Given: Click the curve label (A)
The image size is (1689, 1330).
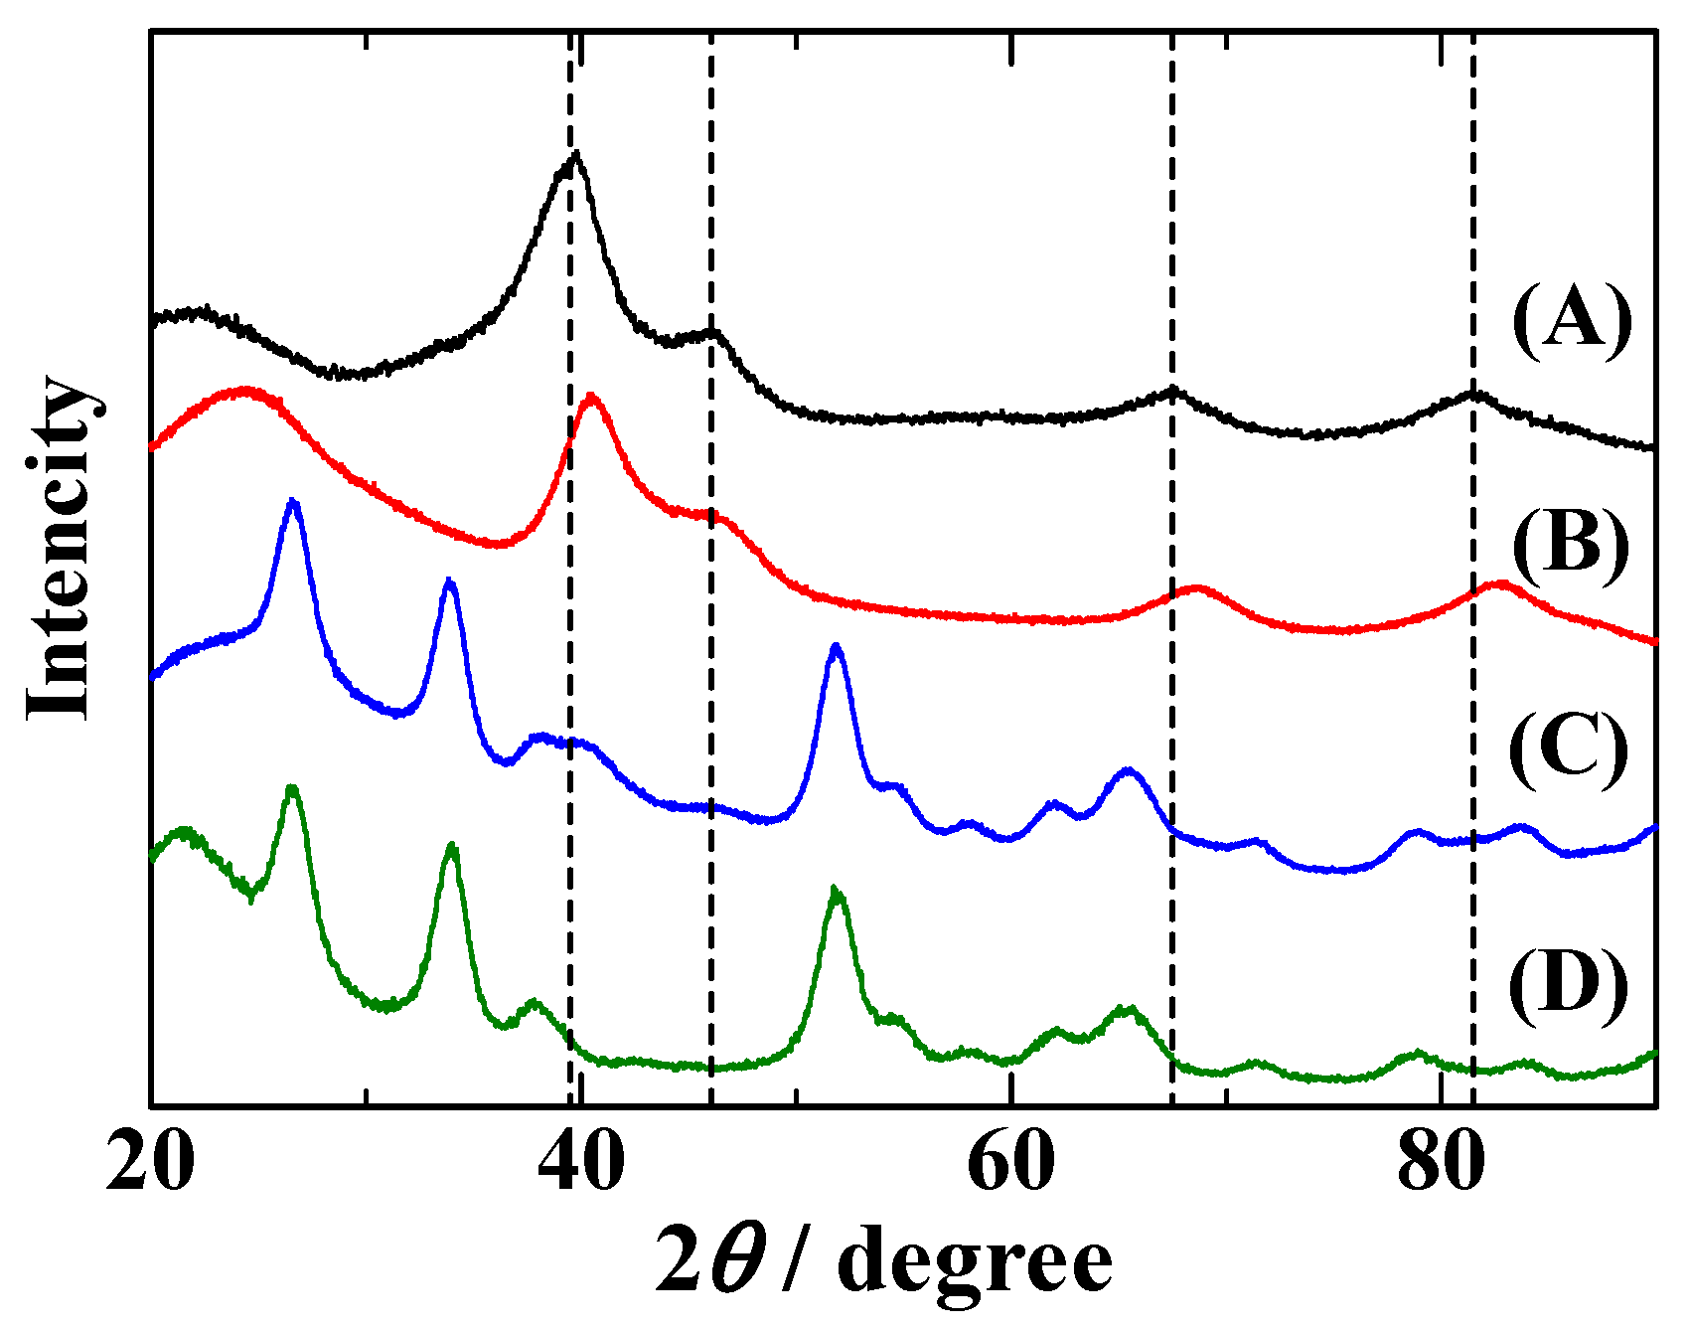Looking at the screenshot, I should pyautogui.click(x=1572, y=320).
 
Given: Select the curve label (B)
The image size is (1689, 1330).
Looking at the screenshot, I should pyautogui.click(x=1572, y=543).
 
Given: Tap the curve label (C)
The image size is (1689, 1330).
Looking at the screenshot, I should pyautogui.click(x=1570, y=750).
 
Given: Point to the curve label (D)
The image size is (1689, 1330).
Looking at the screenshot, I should pyautogui.click(x=1570, y=988).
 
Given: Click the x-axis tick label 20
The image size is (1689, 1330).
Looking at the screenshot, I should pyautogui.click(x=150, y=1161).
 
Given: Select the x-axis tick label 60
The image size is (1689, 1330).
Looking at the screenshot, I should pyautogui.click(x=1010, y=1161).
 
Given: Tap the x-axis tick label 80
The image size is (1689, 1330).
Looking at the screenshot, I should pyautogui.click(x=1441, y=1161).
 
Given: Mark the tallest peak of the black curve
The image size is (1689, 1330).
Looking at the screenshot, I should pyautogui.click(x=575, y=155).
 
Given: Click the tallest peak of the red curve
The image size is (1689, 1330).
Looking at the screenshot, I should pyautogui.click(x=592, y=396).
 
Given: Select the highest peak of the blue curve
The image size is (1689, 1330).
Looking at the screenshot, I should pyautogui.click(x=292, y=501).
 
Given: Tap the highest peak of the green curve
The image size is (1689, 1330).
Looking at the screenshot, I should pyautogui.click(x=291, y=787).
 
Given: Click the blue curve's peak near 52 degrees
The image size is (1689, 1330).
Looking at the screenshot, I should pyautogui.click(x=836, y=646).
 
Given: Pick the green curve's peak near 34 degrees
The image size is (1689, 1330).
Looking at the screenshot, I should pyautogui.click(x=452, y=846).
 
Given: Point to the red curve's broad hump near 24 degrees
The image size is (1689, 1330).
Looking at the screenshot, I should pyautogui.click(x=243, y=390).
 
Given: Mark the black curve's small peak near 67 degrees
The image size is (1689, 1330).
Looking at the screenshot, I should pyautogui.click(x=1173, y=390).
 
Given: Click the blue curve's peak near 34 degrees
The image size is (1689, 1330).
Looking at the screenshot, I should pyautogui.click(x=450, y=581).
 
